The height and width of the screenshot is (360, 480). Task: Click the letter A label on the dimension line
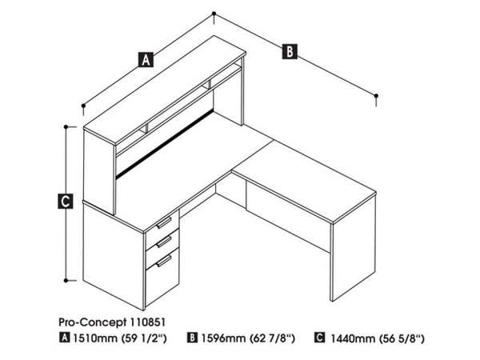(145, 58)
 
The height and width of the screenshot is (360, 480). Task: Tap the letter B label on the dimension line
(289, 51)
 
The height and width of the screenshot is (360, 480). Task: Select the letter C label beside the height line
(65, 200)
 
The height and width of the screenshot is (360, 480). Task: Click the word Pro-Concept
(90, 322)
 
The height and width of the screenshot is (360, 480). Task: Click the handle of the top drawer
(163, 222)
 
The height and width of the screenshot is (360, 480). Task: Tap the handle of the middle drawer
(163, 241)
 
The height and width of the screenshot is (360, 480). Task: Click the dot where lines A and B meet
(214, 14)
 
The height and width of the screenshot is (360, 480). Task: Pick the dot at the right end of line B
(376, 98)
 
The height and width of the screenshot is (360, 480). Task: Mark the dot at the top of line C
(65, 126)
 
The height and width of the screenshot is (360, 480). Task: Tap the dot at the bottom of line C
(65, 280)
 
